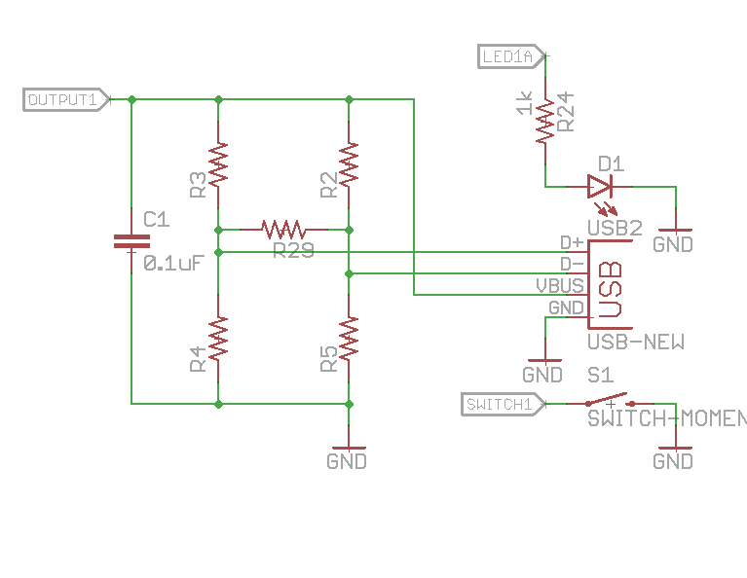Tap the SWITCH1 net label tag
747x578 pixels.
[x=498, y=404]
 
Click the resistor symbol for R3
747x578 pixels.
[x=218, y=164]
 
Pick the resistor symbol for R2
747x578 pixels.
[x=349, y=164]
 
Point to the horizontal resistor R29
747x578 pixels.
[x=283, y=230]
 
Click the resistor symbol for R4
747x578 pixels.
[x=218, y=338]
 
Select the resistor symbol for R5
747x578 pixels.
[x=349, y=338]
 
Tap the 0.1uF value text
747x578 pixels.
[x=172, y=263]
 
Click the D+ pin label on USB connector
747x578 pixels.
[x=572, y=242]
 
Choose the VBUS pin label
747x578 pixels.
[x=560, y=285]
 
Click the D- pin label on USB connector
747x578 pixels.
[x=572, y=264]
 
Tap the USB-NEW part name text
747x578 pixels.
[x=635, y=342]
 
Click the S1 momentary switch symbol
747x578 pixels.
[x=609, y=402]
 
